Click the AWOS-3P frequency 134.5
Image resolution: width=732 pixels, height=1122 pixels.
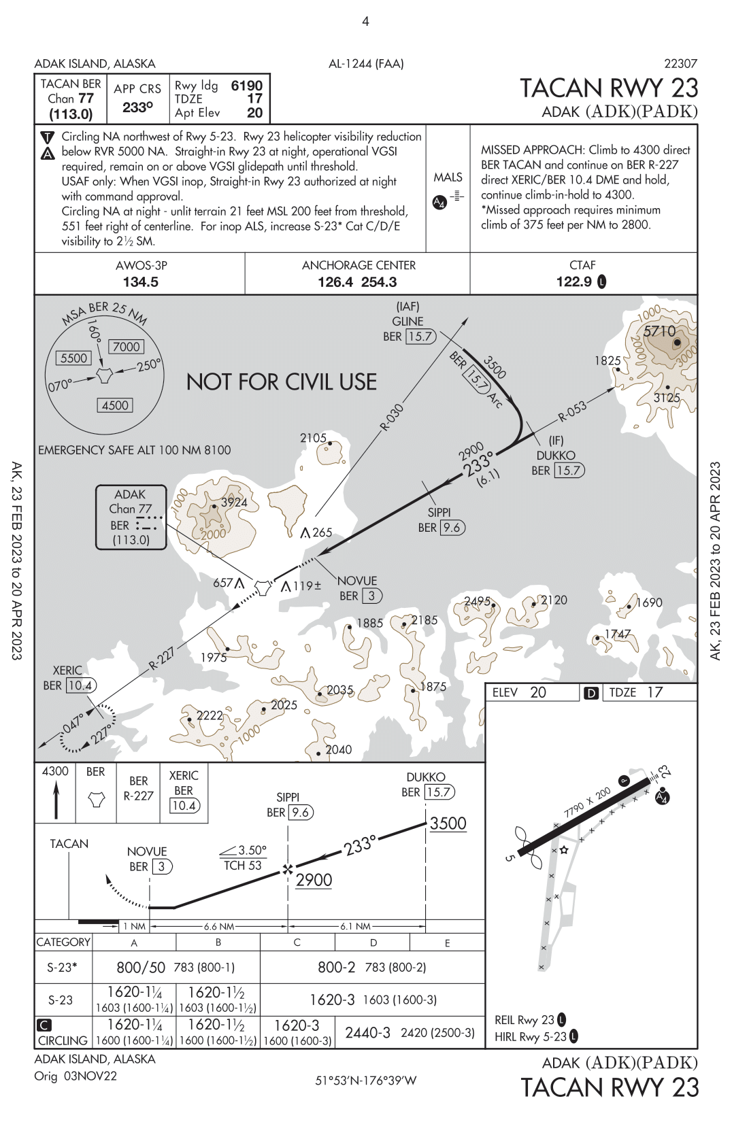(140, 282)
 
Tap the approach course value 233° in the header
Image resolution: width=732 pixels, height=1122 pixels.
(137, 107)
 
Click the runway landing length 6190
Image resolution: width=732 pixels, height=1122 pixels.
(246, 86)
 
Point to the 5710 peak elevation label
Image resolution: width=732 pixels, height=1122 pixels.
(659, 331)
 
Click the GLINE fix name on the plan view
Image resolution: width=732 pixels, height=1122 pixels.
(407, 321)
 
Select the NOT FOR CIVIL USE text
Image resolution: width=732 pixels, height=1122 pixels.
(281, 381)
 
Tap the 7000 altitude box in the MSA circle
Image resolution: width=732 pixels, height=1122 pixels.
(126, 347)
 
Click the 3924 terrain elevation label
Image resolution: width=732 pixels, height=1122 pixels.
(233, 503)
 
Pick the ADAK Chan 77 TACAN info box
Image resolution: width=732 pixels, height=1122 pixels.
(131, 517)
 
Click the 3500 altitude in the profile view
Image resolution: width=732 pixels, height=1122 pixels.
(448, 823)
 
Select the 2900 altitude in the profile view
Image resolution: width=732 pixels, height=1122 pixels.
(314, 880)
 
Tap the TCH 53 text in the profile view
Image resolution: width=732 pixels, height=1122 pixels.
(243, 866)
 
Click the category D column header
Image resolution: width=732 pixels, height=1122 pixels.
(373, 942)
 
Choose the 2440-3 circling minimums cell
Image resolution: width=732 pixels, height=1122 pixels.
(367, 1032)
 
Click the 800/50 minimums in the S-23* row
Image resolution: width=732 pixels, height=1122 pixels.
(140, 967)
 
